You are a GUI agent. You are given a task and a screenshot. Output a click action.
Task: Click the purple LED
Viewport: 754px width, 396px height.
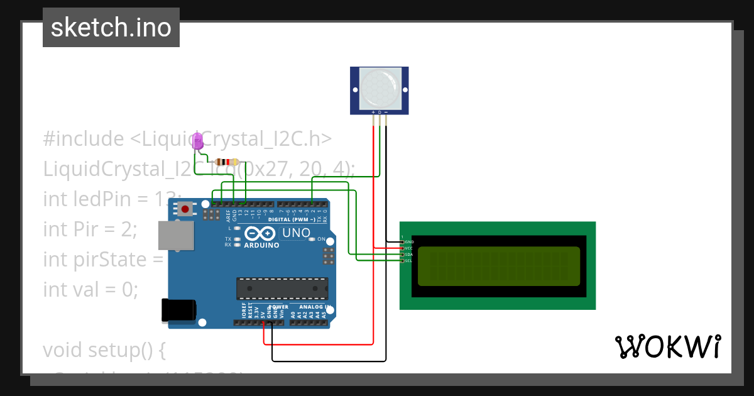[197, 141]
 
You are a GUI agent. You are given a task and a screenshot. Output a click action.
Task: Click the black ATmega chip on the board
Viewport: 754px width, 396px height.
[281, 288]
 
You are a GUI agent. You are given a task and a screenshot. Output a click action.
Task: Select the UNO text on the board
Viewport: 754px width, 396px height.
[296, 233]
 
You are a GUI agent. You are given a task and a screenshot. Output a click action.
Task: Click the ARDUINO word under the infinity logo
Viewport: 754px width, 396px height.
[261, 245]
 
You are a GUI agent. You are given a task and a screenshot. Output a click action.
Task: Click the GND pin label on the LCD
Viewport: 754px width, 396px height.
[409, 242]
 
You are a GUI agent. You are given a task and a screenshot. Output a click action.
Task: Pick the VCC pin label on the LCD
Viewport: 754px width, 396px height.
[409, 248]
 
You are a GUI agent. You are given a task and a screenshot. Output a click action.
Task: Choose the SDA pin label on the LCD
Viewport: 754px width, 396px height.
[409, 255]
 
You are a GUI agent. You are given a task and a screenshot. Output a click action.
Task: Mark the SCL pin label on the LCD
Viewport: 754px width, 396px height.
[409, 261]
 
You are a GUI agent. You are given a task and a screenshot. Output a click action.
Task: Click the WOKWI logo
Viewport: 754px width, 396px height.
[667, 346]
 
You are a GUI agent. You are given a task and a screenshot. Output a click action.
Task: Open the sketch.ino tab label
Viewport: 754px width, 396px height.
[111, 28]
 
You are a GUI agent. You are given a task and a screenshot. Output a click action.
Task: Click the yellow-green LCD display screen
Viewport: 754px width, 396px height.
[498, 265]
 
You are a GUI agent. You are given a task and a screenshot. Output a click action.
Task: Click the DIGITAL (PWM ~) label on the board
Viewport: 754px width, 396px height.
[292, 220]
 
